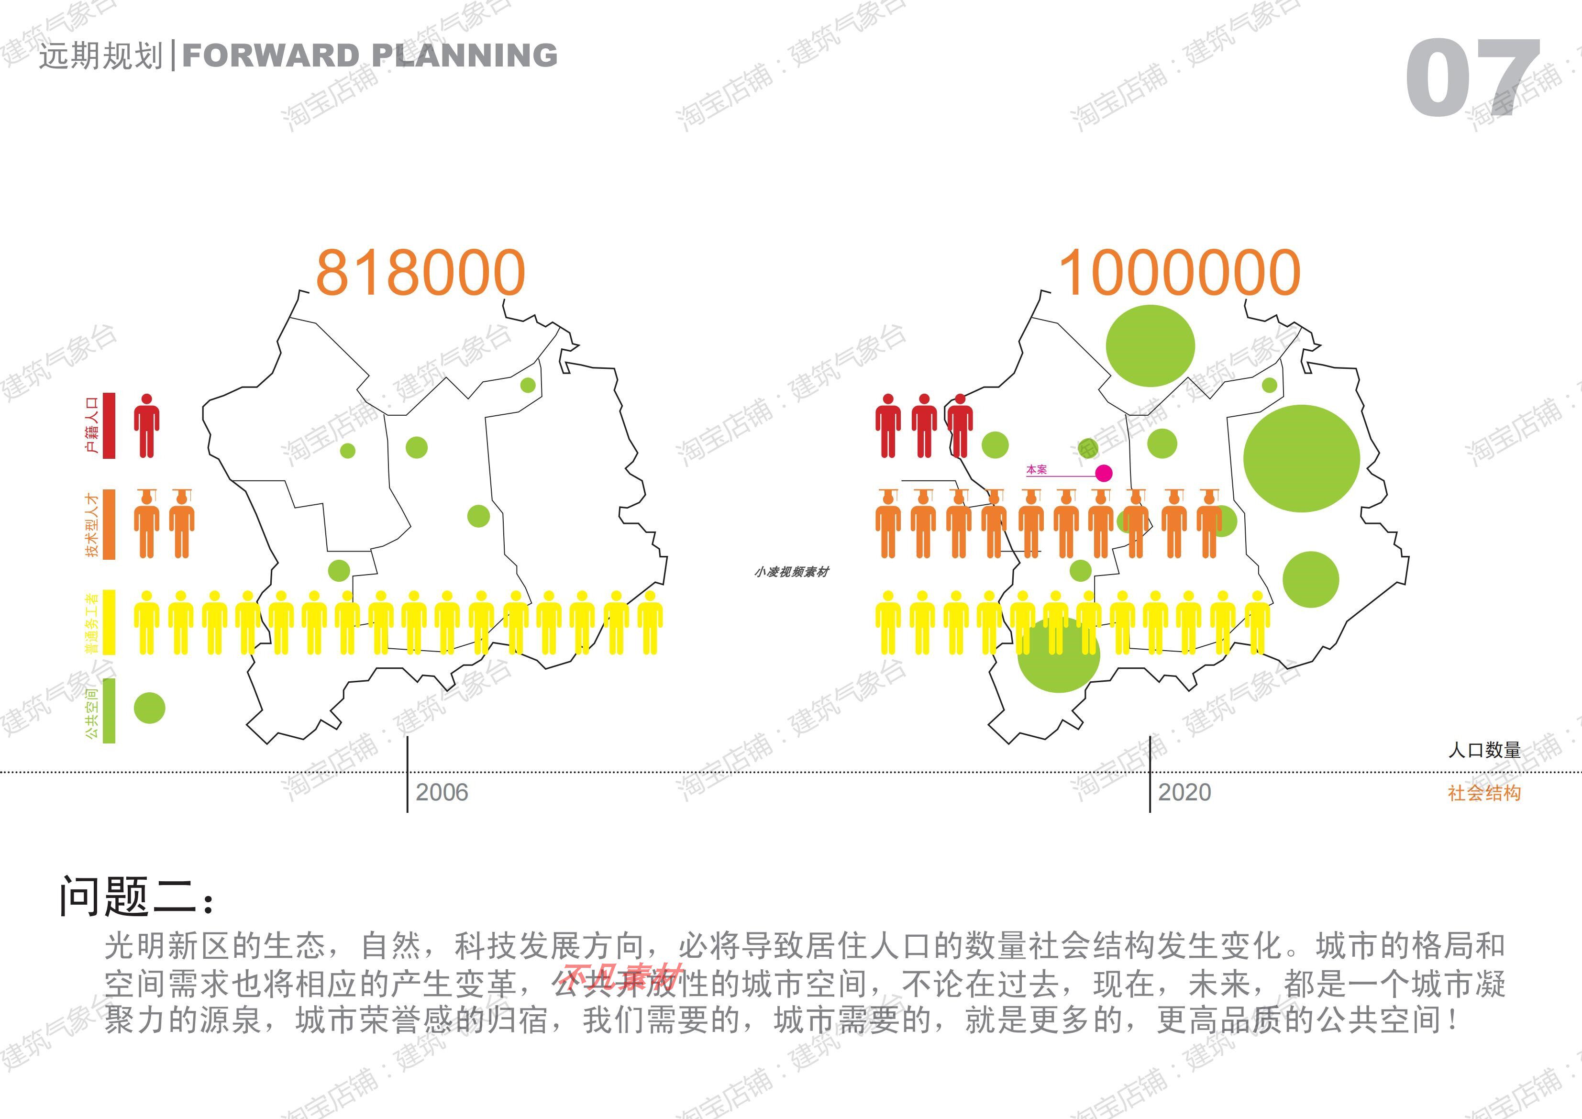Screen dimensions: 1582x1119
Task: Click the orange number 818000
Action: (420, 273)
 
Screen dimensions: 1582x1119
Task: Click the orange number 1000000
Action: (1180, 273)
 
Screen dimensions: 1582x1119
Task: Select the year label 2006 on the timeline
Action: (442, 792)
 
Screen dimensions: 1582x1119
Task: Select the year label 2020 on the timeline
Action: (1184, 792)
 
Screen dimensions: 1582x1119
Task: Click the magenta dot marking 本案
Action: (1104, 473)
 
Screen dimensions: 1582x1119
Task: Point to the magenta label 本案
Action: (1036, 469)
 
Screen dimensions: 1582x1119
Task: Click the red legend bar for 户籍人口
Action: (109, 425)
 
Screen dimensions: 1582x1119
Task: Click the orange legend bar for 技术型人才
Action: (109, 524)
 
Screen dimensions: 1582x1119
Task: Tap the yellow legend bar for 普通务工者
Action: (109, 622)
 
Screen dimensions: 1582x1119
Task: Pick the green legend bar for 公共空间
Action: (109, 711)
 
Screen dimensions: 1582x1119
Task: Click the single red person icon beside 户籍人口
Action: (146, 426)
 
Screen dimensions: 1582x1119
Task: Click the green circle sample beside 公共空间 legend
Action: (150, 708)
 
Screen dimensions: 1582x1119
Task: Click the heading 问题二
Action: (138, 897)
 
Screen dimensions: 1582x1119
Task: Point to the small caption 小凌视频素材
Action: (792, 572)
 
